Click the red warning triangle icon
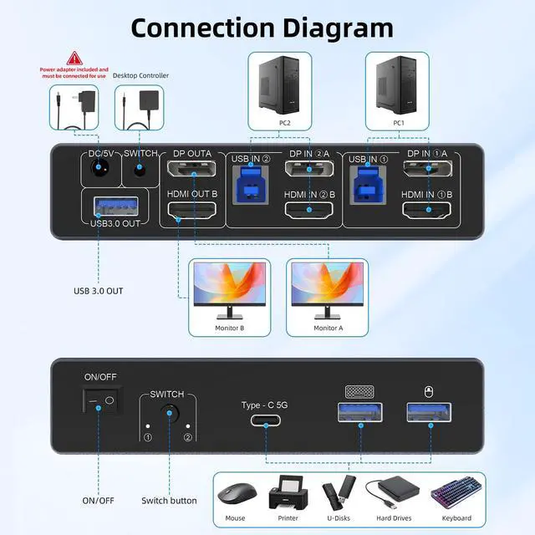click(x=74, y=59)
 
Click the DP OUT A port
click(x=191, y=171)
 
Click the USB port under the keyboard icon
click(x=359, y=412)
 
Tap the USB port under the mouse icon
click(x=428, y=412)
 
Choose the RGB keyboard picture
click(x=451, y=495)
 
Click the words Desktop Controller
click(x=141, y=76)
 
